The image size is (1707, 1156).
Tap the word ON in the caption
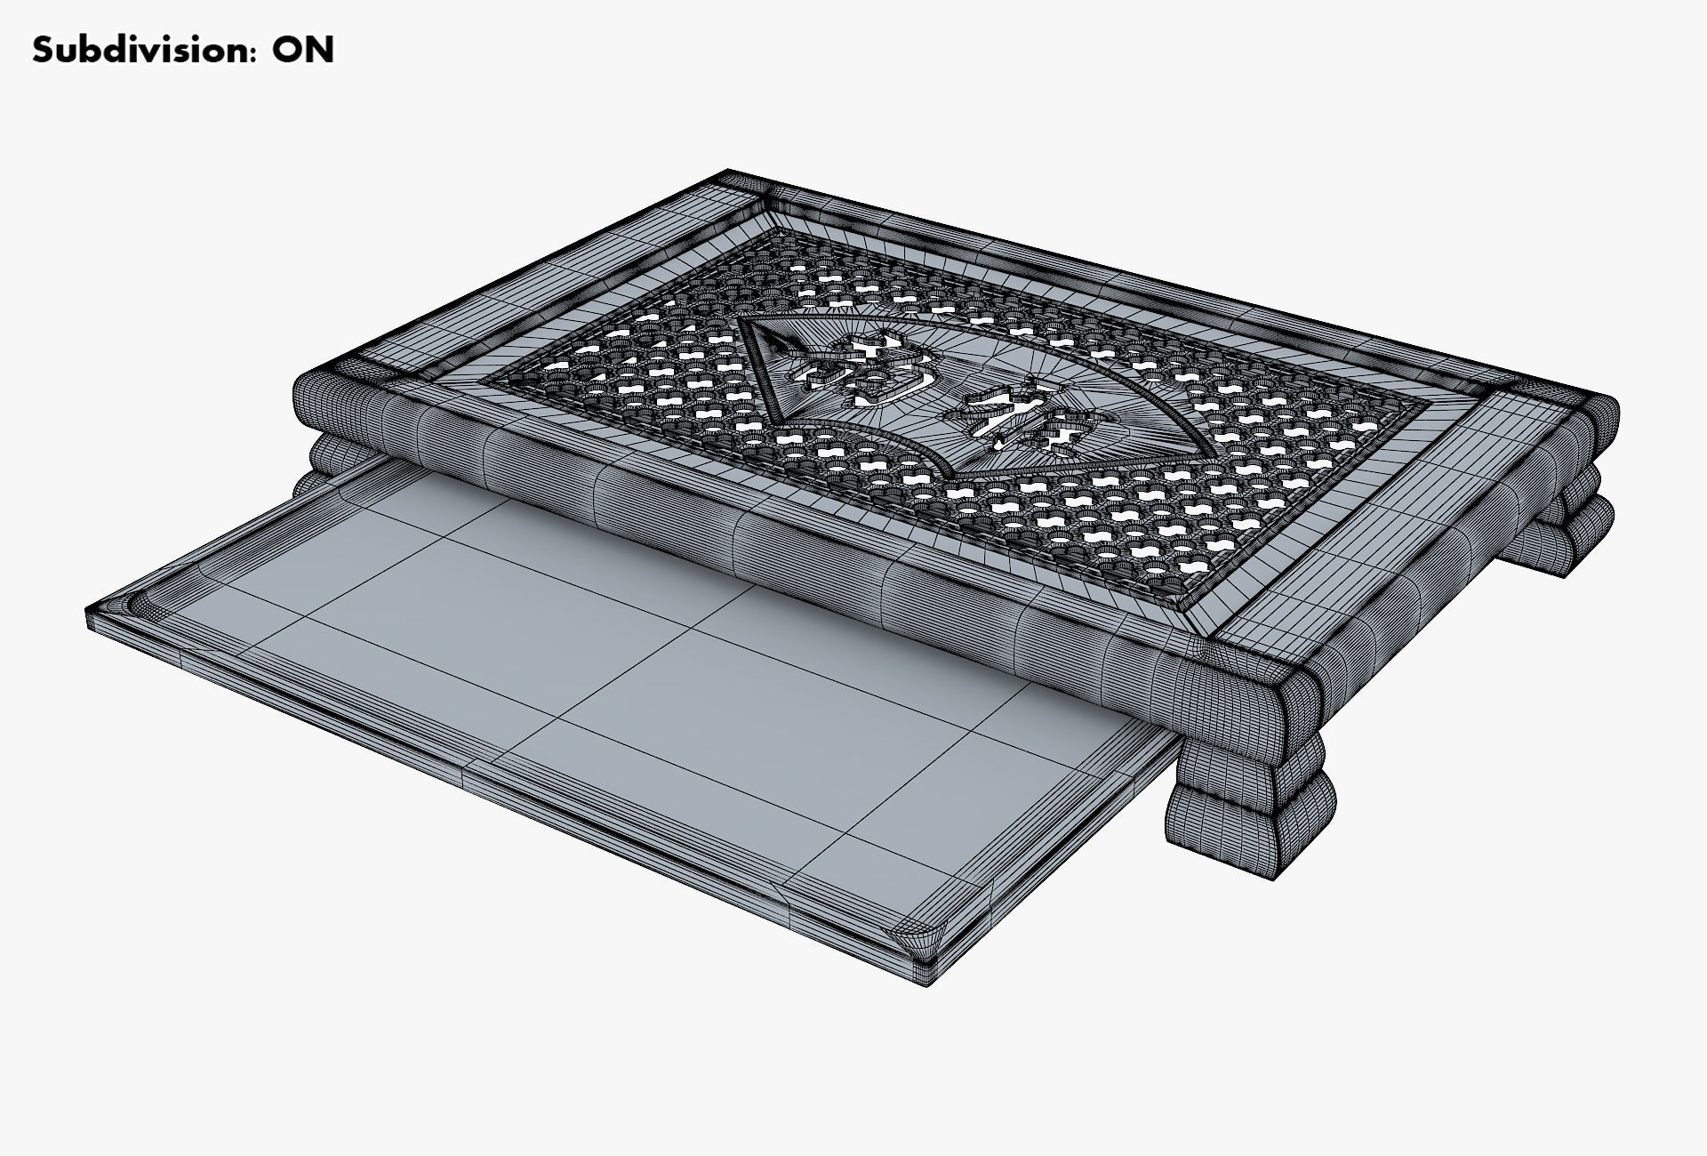coord(303,50)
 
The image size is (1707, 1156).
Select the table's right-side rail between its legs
coord(1422,551)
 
